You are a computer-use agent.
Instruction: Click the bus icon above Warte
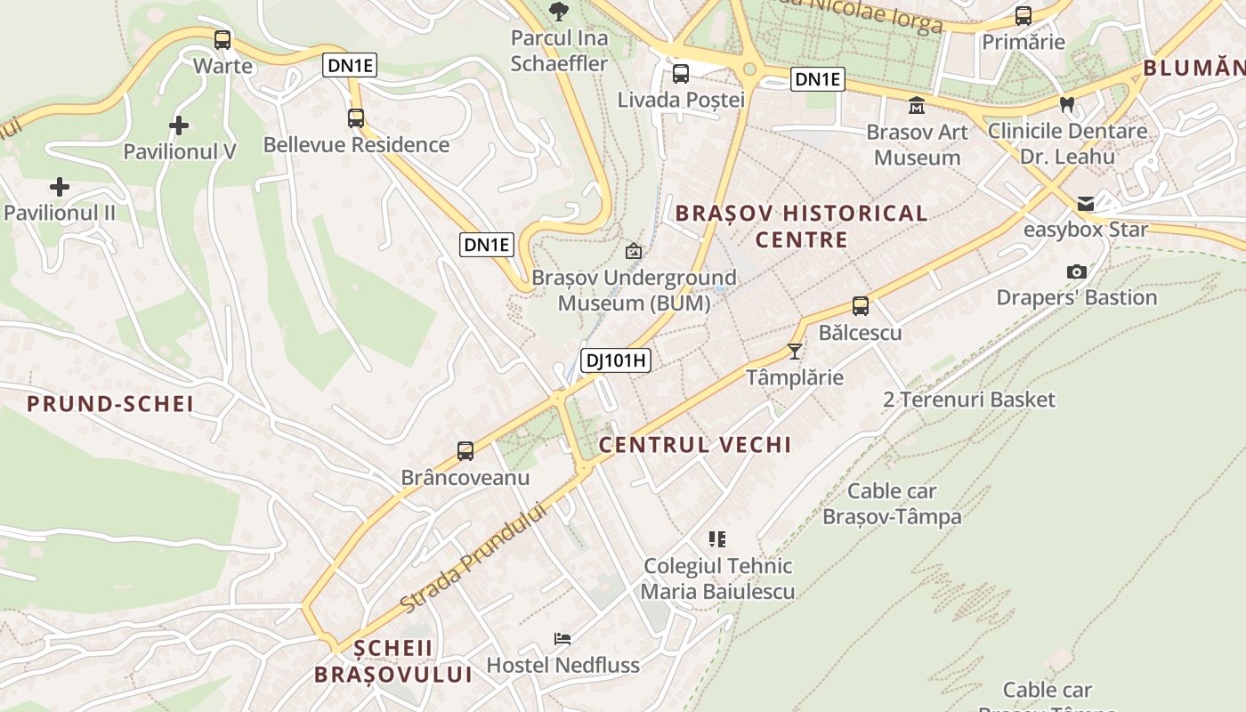222,40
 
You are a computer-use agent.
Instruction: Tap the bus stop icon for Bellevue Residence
356,117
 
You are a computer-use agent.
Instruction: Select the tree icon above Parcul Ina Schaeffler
559,12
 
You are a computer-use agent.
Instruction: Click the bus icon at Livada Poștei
681,74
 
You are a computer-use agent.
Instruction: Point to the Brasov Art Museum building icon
916,107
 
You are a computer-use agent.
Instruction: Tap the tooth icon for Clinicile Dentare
1067,105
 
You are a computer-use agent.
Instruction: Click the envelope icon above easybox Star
1086,204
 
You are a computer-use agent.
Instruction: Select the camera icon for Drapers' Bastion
1077,271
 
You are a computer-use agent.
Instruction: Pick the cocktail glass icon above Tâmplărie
795,352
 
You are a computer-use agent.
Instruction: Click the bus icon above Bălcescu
860,306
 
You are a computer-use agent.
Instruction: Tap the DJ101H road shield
616,360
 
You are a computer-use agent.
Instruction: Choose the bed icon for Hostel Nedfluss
562,638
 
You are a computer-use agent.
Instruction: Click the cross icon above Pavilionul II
60,187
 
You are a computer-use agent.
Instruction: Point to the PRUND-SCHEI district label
110,404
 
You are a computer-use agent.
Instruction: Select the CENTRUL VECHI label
695,445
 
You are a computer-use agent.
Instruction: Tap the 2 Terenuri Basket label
969,400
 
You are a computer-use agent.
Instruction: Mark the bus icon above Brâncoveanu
465,451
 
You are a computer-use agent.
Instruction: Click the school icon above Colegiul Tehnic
717,538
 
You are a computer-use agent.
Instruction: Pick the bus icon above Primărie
1023,16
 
